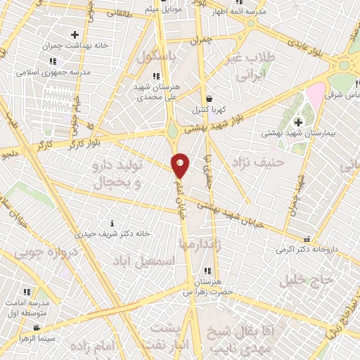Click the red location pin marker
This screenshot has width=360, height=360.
180,165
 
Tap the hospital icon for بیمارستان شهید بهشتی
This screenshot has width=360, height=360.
298,122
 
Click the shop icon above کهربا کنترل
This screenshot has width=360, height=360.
210,99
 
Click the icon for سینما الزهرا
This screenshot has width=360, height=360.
36,328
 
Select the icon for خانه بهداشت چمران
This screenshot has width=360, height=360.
75,34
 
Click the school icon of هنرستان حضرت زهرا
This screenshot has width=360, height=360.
207,271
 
